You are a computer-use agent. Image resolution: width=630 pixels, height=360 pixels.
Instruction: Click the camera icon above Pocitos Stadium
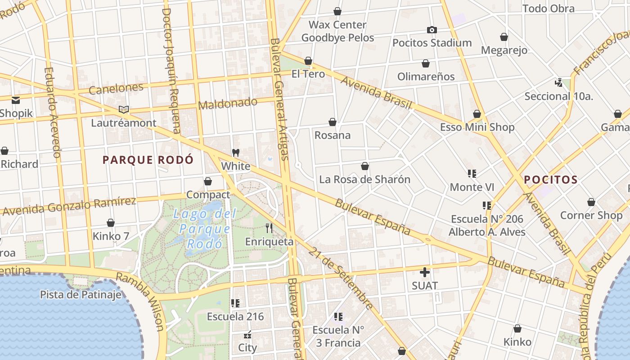[x=432, y=30]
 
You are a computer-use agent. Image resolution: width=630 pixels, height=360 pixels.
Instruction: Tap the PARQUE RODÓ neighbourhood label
[x=148, y=160]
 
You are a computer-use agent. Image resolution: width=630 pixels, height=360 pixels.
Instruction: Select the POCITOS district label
[x=550, y=180]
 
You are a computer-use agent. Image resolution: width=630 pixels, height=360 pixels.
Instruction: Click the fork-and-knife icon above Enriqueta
[x=269, y=228]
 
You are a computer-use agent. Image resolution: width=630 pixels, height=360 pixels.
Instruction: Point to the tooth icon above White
[x=235, y=153]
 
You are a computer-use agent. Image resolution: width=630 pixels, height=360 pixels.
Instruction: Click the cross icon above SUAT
[x=424, y=272]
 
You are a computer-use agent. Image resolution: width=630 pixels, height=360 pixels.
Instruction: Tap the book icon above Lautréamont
[x=123, y=109]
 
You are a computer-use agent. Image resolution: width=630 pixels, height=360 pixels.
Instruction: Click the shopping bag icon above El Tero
[x=308, y=60]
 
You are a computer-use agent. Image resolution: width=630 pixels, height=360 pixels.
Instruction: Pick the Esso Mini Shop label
[x=477, y=127]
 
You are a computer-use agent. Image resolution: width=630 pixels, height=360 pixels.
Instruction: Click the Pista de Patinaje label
[x=81, y=295]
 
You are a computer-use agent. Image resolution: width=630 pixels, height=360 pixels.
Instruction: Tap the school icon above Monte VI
[x=472, y=174]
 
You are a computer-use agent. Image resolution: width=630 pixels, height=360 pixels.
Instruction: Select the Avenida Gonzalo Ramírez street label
[x=69, y=206]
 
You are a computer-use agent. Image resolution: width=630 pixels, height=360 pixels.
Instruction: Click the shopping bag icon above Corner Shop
[x=591, y=202]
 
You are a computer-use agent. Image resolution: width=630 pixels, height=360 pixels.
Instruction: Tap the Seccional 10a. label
[x=558, y=96]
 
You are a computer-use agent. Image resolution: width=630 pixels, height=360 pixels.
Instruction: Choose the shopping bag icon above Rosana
[x=332, y=122]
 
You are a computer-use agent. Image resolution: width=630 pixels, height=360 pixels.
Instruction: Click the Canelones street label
[x=116, y=89]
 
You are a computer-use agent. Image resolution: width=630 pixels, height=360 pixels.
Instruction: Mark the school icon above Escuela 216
[x=235, y=303]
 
